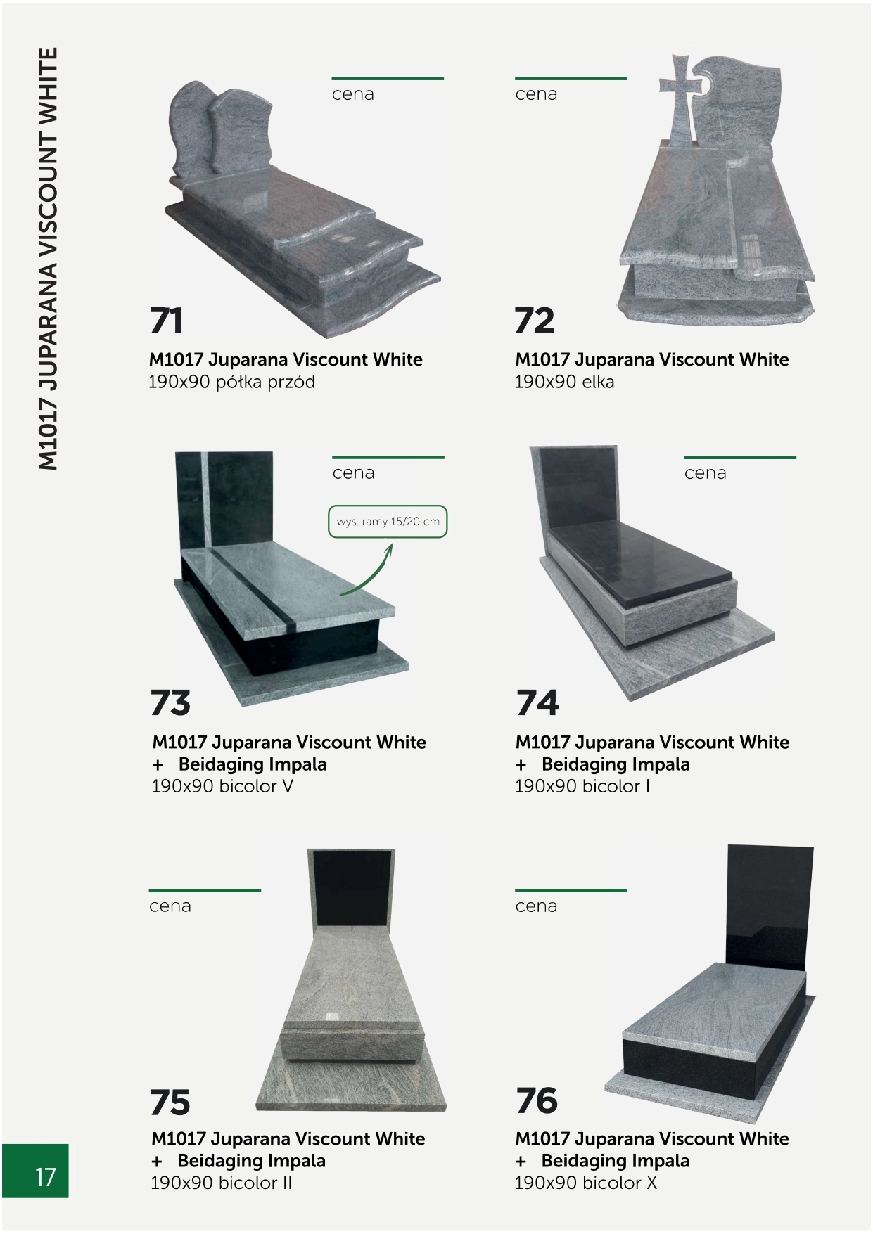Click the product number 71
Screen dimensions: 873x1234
click(x=166, y=321)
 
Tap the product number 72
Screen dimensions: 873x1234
click(x=535, y=321)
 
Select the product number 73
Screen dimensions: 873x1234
click(x=170, y=702)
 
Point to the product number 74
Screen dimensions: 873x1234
click(x=537, y=702)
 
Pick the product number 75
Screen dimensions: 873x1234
click(x=170, y=1102)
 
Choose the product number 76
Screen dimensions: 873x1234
click(x=537, y=1101)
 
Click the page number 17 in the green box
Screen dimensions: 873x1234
click(x=45, y=1177)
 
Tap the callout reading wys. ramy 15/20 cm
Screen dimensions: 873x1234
click(x=388, y=522)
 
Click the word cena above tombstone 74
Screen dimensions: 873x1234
click(x=705, y=473)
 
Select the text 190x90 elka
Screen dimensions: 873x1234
click(x=564, y=382)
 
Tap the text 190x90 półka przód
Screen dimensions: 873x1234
click(x=232, y=382)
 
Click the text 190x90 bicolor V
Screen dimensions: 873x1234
click(x=222, y=786)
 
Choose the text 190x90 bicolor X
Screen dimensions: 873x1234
click(x=585, y=1183)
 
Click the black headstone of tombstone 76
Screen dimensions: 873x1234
click(x=768, y=907)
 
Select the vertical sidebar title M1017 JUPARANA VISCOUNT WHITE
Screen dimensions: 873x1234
click(x=47, y=258)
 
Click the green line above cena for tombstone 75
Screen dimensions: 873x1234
click(x=205, y=890)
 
